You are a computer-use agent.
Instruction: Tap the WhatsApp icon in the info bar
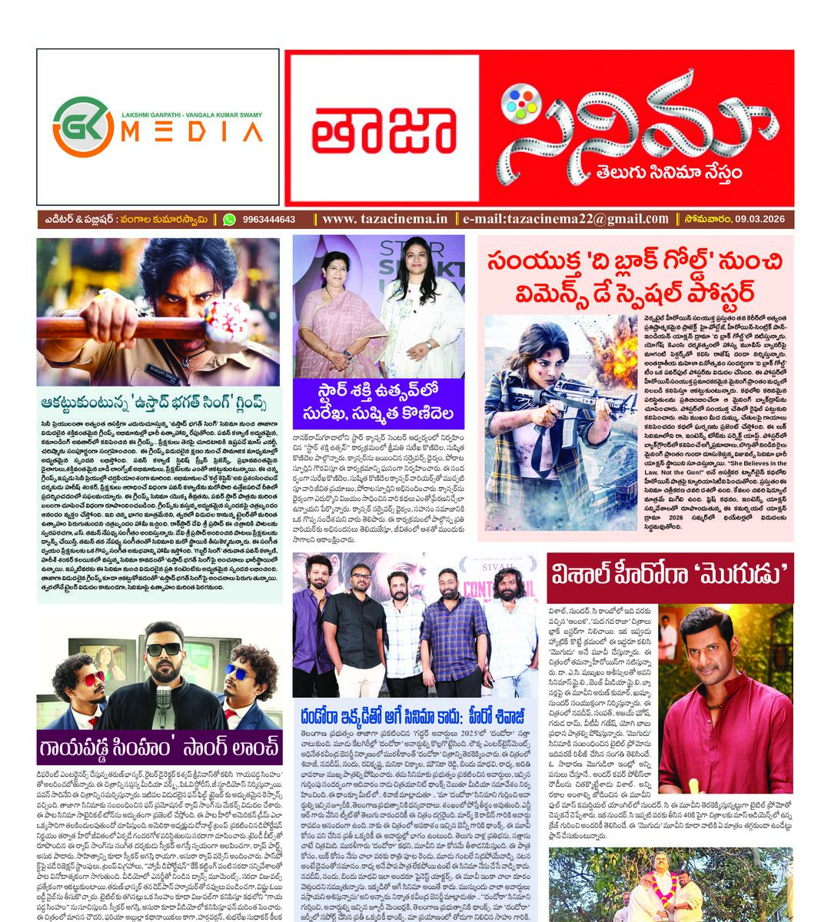[x=228, y=220]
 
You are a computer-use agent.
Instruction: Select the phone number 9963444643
[x=268, y=220]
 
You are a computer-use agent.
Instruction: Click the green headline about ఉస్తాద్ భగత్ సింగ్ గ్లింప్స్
[x=158, y=404]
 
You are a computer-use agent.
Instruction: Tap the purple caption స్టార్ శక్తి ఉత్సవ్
[x=378, y=405]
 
